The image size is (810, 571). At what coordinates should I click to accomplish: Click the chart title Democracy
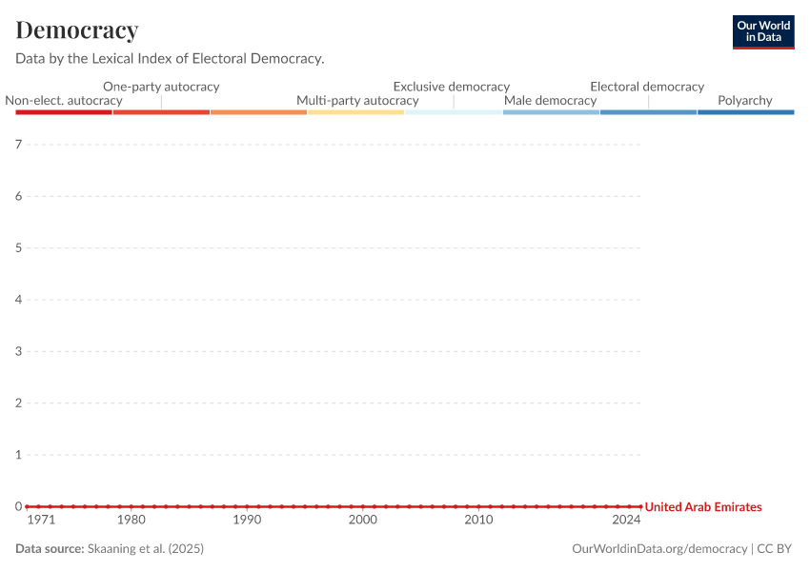click(x=77, y=30)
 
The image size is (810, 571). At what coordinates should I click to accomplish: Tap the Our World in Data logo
click(x=763, y=31)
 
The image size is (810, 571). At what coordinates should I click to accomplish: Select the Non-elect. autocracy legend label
click(x=64, y=100)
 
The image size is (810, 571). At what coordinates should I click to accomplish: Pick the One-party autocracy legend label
click(x=161, y=87)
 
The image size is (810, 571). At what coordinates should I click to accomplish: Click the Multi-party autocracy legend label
click(x=357, y=100)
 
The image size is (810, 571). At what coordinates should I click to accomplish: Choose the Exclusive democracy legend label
click(x=452, y=87)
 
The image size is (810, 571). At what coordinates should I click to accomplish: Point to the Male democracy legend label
click(x=550, y=100)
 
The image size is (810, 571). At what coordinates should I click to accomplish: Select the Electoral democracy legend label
click(x=647, y=87)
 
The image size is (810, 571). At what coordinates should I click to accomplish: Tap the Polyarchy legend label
click(x=745, y=100)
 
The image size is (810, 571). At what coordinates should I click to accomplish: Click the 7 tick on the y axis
click(x=18, y=145)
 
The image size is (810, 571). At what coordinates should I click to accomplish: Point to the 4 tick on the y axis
click(x=18, y=300)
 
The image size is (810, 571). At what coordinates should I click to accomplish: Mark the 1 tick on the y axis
click(x=18, y=455)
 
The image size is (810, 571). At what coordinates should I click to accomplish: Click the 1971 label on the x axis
click(x=41, y=521)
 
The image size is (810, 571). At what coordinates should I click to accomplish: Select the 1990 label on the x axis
click(x=247, y=521)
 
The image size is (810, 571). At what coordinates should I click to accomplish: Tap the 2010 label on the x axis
click(x=478, y=521)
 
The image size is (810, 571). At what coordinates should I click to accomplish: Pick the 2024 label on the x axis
click(x=626, y=521)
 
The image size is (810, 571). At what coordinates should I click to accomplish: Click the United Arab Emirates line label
click(x=703, y=507)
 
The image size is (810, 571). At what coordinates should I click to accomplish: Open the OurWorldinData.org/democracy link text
click(x=659, y=549)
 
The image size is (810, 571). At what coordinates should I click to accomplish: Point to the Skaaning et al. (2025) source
click(x=146, y=549)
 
